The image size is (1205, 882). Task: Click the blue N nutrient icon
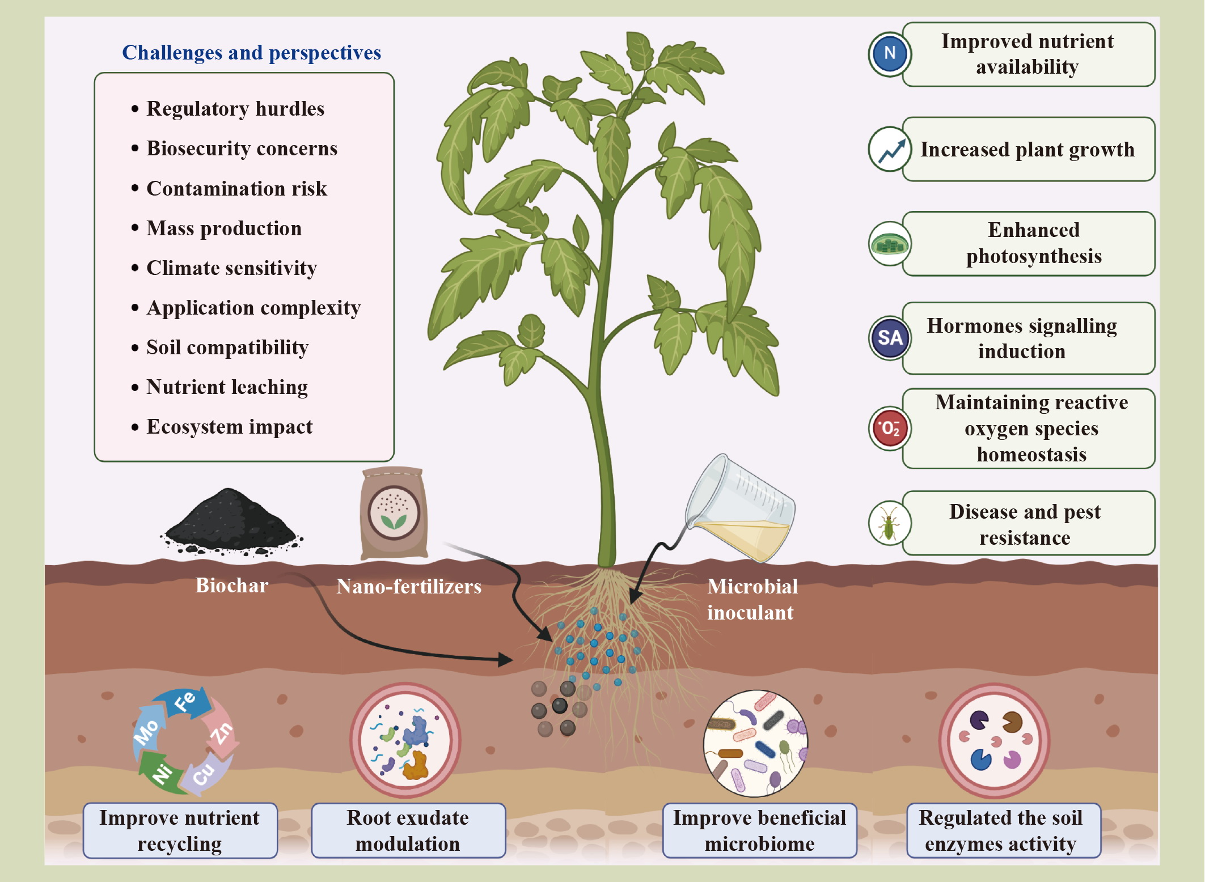pyautogui.click(x=889, y=54)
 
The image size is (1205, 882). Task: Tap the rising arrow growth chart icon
pyautogui.click(x=890, y=149)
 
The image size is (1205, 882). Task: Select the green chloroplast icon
pyautogui.click(x=889, y=244)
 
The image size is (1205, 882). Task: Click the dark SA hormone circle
pyautogui.click(x=889, y=338)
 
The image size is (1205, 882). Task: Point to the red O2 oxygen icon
pyautogui.click(x=889, y=428)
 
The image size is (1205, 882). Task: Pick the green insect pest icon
pyautogui.click(x=889, y=523)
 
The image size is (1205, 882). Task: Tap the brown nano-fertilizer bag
pyautogui.click(x=394, y=513)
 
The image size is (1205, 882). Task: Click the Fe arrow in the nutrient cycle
pyautogui.click(x=184, y=703)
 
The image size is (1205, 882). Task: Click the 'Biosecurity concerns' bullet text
pyautogui.click(x=242, y=149)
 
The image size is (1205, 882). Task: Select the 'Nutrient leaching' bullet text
pyautogui.click(x=227, y=387)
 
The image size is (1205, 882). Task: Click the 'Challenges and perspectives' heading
pyautogui.click(x=251, y=53)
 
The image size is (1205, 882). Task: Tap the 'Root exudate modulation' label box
pyautogui.click(x=408, y=830)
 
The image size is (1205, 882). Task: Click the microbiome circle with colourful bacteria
pyautogui.click(x=755, y=743)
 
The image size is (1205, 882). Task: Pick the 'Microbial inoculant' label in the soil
pyautogui.click(x=752, y=599)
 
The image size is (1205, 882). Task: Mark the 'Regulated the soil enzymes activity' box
pyautogui.click(x=1001, y=830)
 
